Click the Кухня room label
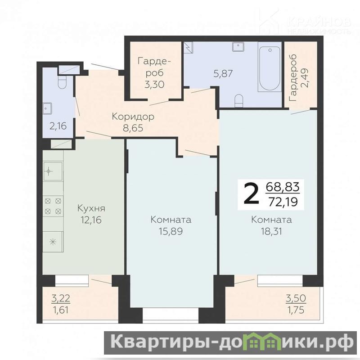coord(91,208)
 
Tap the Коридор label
coord(133,117)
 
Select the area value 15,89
coord(171,231)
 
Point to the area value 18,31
coord(271,231)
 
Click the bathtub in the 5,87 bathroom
coord(270,67)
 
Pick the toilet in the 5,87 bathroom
coord(239,100)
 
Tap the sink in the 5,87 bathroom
coord(238,47)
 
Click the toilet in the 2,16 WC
coord(62,82)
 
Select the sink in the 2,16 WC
coord(48,108)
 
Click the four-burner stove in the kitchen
coord(53,206)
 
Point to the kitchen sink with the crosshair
coord(53,171)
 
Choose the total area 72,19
coord(283,202)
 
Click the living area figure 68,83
coord(283,187)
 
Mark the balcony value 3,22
coord(61,298)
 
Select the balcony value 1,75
coord(296,310)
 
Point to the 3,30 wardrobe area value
coord(154,85)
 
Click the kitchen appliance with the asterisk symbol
coord(53,242)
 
